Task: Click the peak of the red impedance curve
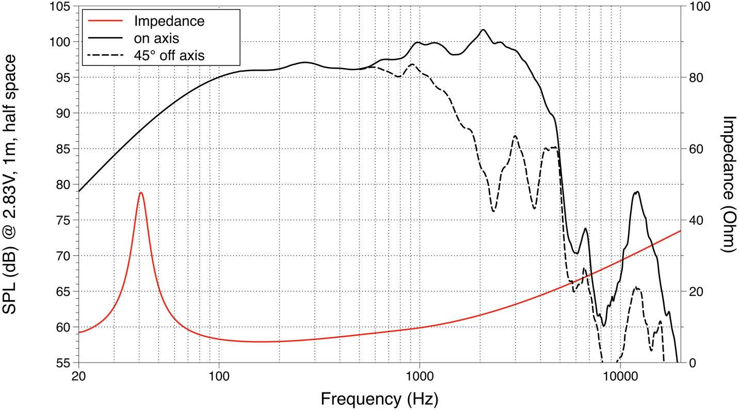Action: pos(141,192)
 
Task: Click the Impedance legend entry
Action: pos(169,21)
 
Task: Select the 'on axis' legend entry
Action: pos(156,38)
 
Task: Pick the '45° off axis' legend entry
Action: pos(169,55)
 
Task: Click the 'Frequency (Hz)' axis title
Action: pos(379,399)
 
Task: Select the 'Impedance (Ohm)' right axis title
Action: pos(728,184)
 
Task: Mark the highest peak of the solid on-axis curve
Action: pos(483,30)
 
